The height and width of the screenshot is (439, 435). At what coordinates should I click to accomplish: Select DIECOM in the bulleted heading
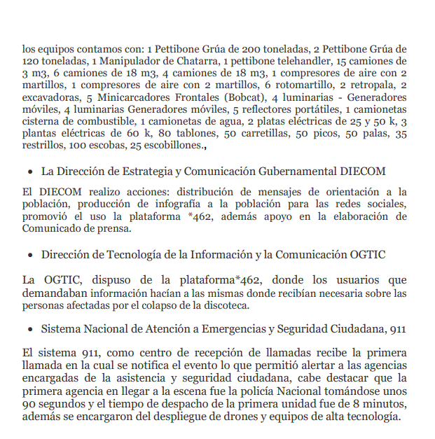tap(363, 172)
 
